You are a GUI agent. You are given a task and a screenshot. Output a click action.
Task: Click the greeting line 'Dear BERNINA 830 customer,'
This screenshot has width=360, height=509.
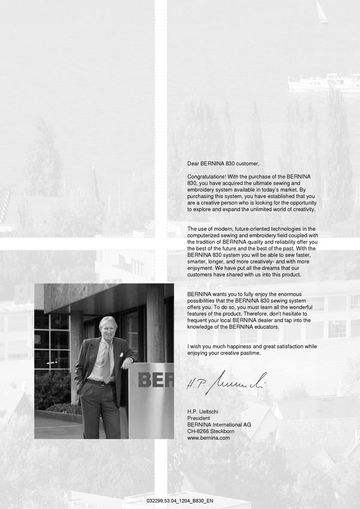click(223, 163)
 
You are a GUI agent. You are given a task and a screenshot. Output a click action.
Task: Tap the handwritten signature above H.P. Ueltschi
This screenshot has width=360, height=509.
click(225, 380)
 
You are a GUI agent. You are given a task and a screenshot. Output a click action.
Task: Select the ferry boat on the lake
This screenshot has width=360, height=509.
click(324, 82)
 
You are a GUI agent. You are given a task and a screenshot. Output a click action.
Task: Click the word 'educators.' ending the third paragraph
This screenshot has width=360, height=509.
click(265, 327)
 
